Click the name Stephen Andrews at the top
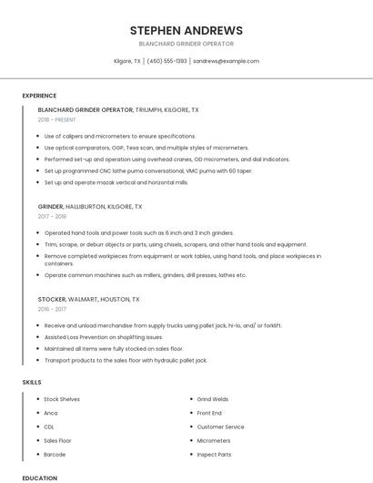[186, 30]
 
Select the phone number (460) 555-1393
[166, 61]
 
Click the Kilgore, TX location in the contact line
[126, 61]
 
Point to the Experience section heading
[39, 96]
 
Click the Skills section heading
[32, 381]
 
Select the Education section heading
[39, 478]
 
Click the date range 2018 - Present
[58, 119]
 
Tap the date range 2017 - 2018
[52, 217]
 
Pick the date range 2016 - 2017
[52, 309]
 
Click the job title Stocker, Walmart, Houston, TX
[89, 299]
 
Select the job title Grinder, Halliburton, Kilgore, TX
[90, 207]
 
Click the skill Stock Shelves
[62, 399]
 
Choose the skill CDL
[49, 426]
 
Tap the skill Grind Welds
[213, 399]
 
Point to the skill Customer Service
[220, 426]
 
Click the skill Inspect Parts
[214, 454]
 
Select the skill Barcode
[55, 454]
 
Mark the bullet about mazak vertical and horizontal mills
[116, 182]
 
